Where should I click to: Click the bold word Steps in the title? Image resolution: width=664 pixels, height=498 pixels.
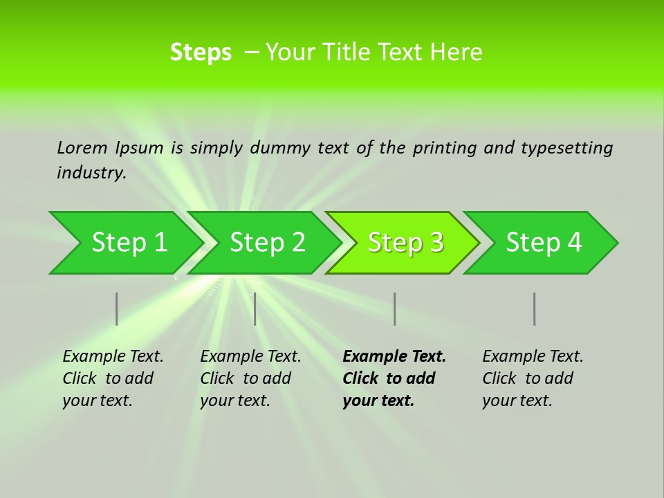[x=201, y=53]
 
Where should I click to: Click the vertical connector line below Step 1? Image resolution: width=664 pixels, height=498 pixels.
[x=117, y=308]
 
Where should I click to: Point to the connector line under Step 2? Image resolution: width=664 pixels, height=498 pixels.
[x=255, y=308]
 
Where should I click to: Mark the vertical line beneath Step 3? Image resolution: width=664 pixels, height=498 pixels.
[x=394, y=308]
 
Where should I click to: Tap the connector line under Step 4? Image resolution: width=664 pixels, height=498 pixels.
[x=535, y=308]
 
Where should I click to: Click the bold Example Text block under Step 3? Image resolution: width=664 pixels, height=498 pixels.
[x=394, y=378]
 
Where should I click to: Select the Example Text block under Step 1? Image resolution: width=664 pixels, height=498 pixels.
[x=113, y=378]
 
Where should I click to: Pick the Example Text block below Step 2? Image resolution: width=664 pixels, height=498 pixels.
[x=250, y=378]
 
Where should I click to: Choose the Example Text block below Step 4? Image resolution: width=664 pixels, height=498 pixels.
[x=533, y=378]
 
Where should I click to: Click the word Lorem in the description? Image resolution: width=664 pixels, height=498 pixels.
[x=82, y=147]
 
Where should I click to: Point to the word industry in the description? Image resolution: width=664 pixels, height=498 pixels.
[x=91, y=173]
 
